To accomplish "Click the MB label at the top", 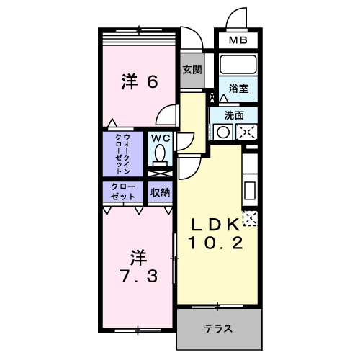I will [237, 42].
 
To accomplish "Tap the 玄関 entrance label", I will [192, 70].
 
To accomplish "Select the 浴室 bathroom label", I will [239, 88].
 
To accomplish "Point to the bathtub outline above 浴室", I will [239, 65].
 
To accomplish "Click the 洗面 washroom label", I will [233, 114].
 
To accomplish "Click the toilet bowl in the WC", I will [159, 154].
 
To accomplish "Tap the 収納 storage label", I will [160, 192].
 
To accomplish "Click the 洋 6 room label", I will [139, 82].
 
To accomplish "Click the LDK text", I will [215, 225].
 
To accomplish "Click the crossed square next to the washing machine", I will [246, 132].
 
